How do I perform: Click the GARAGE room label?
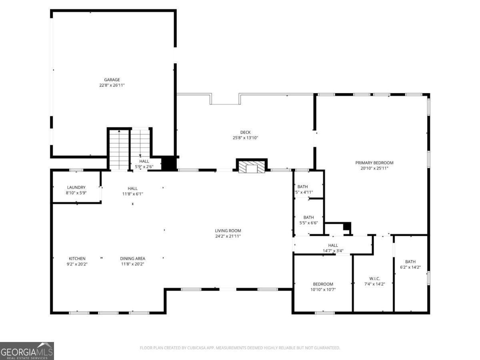112,80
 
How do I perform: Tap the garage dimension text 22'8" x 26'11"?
112,85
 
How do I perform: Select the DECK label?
245,132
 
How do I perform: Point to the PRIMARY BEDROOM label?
374,163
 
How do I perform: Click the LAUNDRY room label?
76,187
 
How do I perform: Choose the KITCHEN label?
77,258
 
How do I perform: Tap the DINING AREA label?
132,258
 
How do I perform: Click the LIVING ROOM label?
228,230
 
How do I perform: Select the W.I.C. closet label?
374,278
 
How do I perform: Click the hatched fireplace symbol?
252,168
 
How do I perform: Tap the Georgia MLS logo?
27,351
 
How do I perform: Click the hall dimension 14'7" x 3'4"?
333,251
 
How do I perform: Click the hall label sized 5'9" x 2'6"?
144,161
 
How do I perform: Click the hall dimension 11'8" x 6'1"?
132,194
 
